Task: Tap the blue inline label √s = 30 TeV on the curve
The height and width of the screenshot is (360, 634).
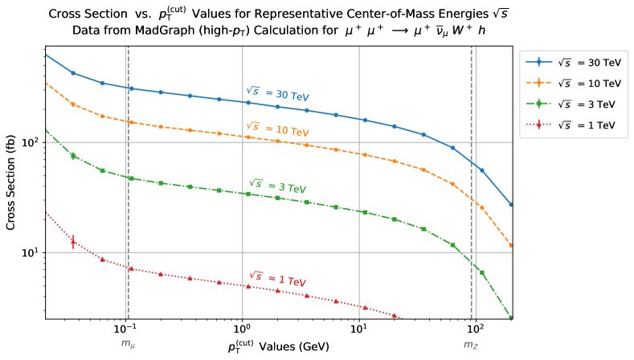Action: coord(277,94)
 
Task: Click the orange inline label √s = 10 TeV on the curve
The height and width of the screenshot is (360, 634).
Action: coord(277,129)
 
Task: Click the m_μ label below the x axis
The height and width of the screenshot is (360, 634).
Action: coord(128,344)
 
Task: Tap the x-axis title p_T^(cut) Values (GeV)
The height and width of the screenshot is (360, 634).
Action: coord(277,348)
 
